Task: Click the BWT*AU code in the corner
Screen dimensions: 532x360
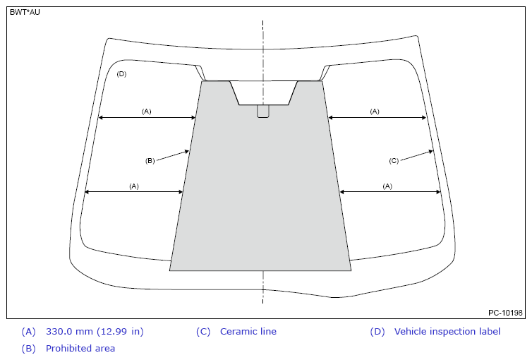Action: click(x=25, y=12)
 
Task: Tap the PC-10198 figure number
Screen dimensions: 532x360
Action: click(x=505, y=313)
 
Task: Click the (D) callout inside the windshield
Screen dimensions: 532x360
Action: click(x=121, y=74)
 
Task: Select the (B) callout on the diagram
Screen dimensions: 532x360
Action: click(x=150, y=161)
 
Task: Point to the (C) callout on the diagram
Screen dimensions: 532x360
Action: click(x=394, y=161)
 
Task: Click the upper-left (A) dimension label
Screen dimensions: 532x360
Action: click(x=147, y=112)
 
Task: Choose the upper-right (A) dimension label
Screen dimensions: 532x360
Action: click(x=375, y=112)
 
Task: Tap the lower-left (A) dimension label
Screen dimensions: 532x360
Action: click(x=134, y=186)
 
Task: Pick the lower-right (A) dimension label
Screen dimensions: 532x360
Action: click(x=387, y=186)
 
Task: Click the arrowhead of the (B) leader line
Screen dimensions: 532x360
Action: click(x=187, y=151)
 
